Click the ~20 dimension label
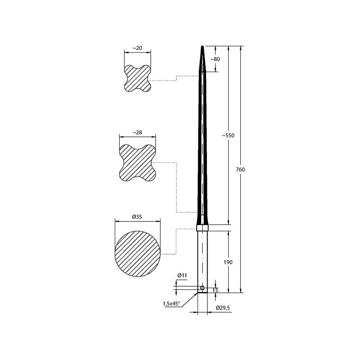[x=137, y=48]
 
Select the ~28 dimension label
[x=137, y=132]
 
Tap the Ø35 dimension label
[x=137, y=217]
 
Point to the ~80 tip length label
[x=215, y=59]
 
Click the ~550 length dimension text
[x=228, y=135]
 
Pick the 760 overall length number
[x=240, y=170]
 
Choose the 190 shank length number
[x=228, y=262]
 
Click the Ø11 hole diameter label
[x=182, y=275]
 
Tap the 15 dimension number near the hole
[x=215, y=290]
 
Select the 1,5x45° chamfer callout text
[x=171, y=303]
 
